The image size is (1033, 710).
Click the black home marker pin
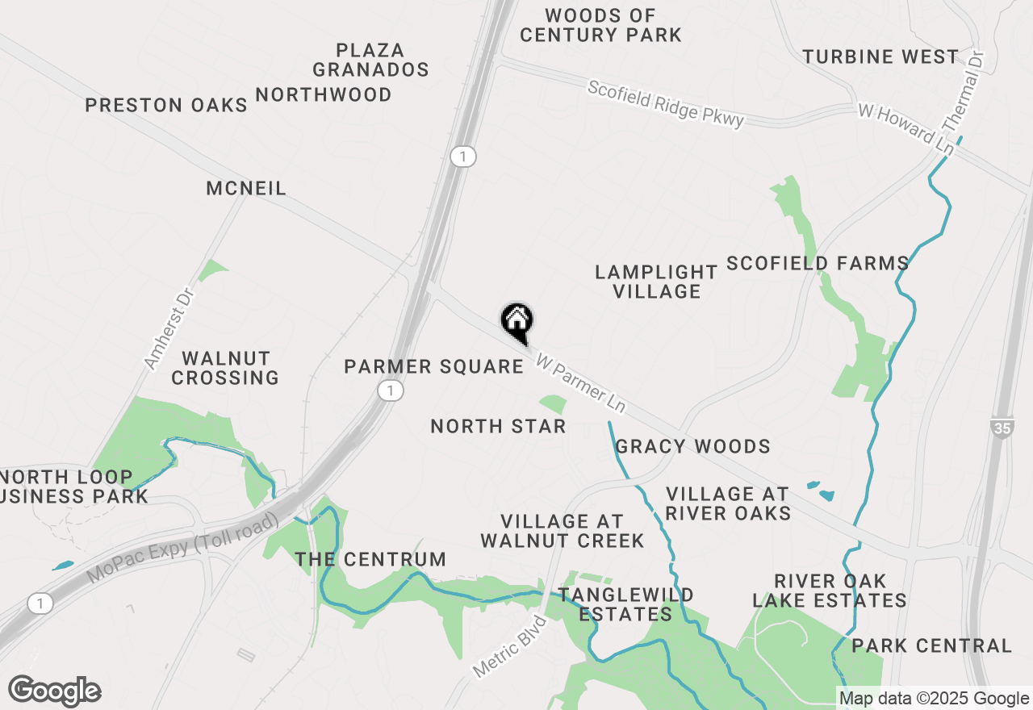pos(516,322)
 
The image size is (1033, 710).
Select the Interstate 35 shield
pos(1002,428)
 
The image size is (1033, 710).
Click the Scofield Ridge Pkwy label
pos(665,103)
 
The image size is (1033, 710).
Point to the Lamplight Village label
pos(656,282)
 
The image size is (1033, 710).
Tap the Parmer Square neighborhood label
pos(433,367)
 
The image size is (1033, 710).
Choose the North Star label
pos(498,426)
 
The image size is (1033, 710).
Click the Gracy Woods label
pos(692,446)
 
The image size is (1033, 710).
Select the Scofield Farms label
pos(818,263)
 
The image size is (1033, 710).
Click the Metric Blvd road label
pos(509,646)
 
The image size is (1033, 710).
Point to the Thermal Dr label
pos(964,94)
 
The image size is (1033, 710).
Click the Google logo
pos(55,691)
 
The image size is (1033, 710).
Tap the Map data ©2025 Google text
pos(934,699)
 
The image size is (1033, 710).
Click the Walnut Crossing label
pos(225,368)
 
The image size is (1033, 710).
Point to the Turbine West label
pos(880,56)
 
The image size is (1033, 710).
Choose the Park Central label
pos(931,645)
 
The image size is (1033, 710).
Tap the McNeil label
pos(246,189)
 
